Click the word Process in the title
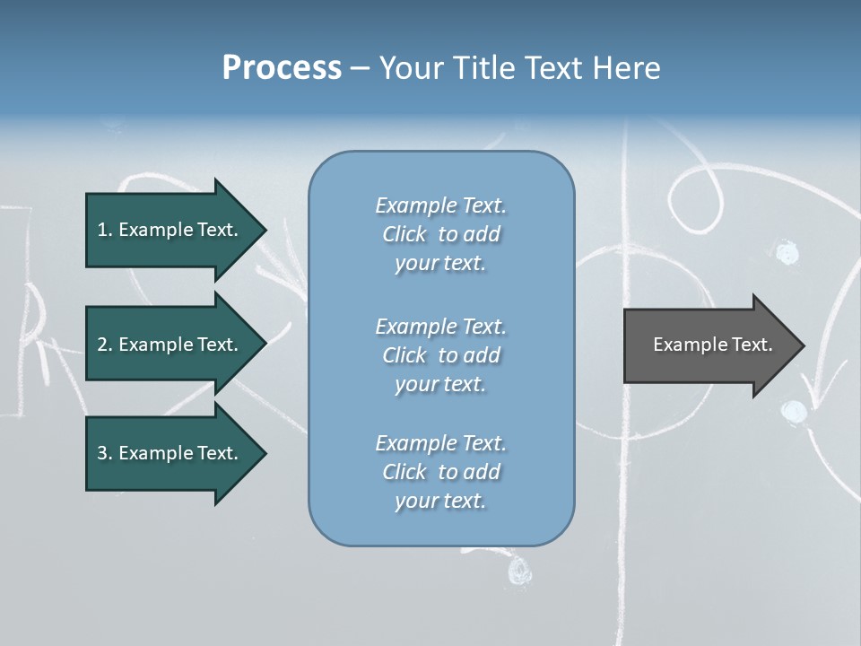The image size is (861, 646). click(282, 67)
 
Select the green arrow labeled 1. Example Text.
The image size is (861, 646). click(170, 230)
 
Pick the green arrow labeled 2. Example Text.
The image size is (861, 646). click(170, 345)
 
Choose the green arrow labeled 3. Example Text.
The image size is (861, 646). click(170, 453)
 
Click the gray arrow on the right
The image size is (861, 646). click(709, 345)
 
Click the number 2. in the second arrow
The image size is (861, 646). click(105, 345)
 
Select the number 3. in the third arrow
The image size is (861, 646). click(105, 453)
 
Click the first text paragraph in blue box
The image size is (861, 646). click(440, 234)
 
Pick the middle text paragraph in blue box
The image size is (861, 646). click(440, 355)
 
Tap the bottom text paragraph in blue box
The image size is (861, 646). click(440, 472)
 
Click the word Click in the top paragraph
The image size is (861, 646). click(404, 234)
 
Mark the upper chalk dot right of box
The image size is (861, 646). click(787, 253)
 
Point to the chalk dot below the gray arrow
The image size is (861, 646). click(794, 411)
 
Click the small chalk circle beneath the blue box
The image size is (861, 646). click(519, 570)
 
